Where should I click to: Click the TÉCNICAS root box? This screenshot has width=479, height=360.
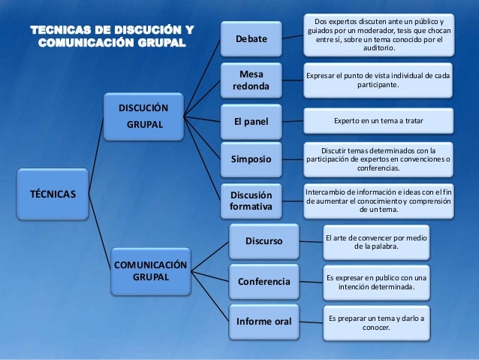pos(52,193)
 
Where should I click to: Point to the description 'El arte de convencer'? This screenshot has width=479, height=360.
pos(376,242)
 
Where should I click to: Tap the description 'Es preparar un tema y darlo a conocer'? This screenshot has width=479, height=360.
pos(376,322)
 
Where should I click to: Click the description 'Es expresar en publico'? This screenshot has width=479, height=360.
pos(376,282)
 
